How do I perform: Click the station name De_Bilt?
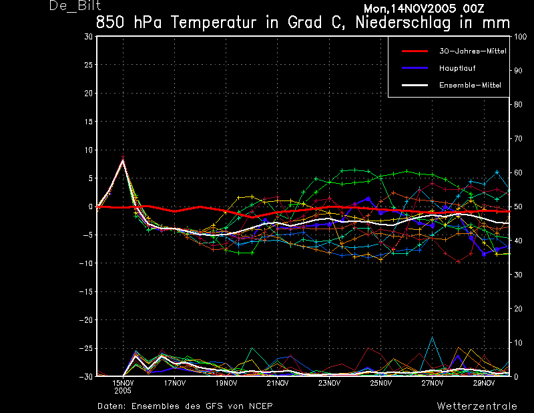pos(75,6)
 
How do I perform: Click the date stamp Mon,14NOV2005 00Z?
pos(424,9)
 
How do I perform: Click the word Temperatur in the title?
pos(214,23)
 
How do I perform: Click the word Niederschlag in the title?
pos(403,23)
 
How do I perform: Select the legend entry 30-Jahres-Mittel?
pos(473,51)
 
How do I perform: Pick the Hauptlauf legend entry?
pos(457,68)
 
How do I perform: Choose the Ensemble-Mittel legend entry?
pos(470,86)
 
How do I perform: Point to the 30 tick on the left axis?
pos(89,37)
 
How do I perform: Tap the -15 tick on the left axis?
pos(86,292)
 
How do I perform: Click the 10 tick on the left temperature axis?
pos(89,150)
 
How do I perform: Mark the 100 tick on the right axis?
pos(520,37)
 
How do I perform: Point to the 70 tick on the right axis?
pos(518,139)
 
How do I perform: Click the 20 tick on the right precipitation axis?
pos(518,309)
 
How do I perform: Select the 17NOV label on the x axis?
pos(175,384)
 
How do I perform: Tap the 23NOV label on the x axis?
pos(329,384)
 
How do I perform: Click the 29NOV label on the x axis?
pos(484,384)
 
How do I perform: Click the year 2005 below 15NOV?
pos(123,391)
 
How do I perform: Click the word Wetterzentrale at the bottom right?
pos(477,406)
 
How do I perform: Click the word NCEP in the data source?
pos(261,406)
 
